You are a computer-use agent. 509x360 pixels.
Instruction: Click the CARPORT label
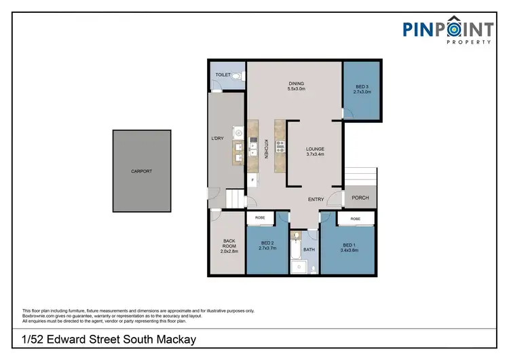pos(141,171)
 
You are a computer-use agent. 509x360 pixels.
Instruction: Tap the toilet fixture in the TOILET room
pos(235,77)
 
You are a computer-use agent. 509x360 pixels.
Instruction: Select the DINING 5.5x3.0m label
pos(297,86)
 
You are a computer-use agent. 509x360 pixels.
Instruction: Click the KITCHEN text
pos(267,149)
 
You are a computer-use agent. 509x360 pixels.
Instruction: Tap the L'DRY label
pos(218,139)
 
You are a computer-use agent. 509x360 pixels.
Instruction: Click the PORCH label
pos(360,198)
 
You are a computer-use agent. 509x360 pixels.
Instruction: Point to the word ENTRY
pos(316,199)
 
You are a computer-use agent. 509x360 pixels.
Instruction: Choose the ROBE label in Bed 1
pos(355,219)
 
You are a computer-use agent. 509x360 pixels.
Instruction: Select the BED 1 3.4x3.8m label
pos(349,247)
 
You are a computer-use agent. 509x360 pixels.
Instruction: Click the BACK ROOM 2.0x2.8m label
pos(229,246)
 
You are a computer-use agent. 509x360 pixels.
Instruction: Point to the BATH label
pos(309,249)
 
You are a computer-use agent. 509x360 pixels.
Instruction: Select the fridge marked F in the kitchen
pos(253,180)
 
